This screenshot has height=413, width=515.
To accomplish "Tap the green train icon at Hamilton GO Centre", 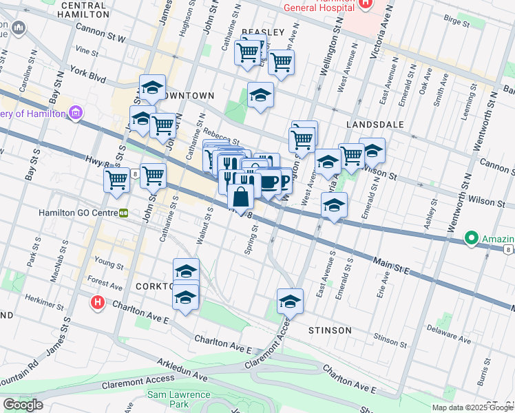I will coord(124,213).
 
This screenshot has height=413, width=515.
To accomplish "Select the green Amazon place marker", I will coord(472,238).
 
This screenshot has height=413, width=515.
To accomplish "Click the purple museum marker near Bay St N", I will coord(76,113).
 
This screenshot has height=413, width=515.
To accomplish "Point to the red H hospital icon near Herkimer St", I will coord(98,301).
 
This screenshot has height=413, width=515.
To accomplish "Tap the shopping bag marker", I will coord(241,197).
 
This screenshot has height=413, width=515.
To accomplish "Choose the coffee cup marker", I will coord(269,182).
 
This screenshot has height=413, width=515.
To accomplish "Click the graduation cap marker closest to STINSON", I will coord(290,301).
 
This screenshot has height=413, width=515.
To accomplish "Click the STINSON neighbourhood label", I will coord(329,330).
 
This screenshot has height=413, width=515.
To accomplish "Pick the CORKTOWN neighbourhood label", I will coord(153,285).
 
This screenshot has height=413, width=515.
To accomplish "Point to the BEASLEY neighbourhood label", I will coord(263,32).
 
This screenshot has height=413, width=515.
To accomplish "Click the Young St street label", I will coord(109,262).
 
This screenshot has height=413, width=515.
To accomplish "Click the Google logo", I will coord(23,405).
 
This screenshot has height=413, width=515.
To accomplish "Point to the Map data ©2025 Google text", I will coord(472,407).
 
